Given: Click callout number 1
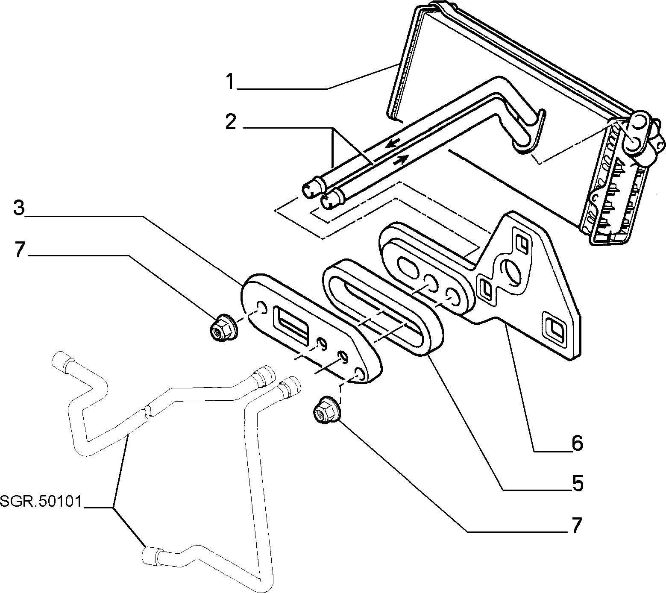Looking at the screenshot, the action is (x=231, y=82).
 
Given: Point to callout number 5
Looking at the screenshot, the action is (x=577, y=484).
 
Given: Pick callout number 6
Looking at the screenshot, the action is (x=577, y=443).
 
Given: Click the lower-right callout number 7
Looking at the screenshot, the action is (x=577, y=526).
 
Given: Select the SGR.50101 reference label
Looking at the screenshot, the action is (x=41, y=501).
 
